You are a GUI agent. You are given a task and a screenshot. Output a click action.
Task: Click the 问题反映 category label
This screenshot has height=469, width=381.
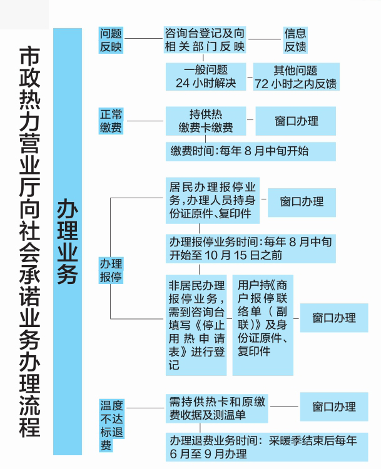pyautogui.click(x=111, y=40)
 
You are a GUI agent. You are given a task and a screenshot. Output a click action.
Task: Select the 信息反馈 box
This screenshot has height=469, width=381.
pyautogui.click(x=295, y=40)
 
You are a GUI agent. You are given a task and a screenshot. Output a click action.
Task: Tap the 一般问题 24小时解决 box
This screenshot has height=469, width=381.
pyautogui.click(x=206, y=76)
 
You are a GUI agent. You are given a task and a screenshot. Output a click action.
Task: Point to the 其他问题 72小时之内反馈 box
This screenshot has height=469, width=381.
pyautogui.click(x=296, y=76)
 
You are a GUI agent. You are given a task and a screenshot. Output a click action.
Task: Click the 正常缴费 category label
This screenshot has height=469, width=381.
pyautogui.click(x=111, y=121)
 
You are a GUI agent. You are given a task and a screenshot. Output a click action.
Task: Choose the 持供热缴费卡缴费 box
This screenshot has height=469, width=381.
pyautogui.click(x=206, y=121)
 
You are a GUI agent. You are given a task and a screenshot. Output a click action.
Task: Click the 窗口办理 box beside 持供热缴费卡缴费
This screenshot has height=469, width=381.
pyautogui.click(x=296, y=121)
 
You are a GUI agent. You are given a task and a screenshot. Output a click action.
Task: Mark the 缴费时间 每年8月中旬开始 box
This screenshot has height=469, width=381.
pyautogui.click(x=251, y=151)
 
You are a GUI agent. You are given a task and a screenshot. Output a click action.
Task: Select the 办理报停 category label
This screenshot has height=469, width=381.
pyautogui.click(x=111, y=270)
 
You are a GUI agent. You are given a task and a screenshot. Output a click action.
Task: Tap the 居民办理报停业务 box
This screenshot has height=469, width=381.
pyautogui.click(x=213, y=200)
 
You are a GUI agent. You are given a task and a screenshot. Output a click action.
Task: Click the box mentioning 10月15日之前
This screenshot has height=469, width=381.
pyautogui.click(x=251, y=248)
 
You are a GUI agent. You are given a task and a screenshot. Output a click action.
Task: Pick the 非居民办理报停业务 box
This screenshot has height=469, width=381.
pyautogui.click(x=196, y=325)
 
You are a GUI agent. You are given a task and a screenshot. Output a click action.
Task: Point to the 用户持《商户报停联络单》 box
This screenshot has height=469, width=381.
pyautogui.click(x=263, y=325)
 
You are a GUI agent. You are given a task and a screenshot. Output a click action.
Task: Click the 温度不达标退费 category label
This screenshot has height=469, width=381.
pyautogui.click(x=111, y=425)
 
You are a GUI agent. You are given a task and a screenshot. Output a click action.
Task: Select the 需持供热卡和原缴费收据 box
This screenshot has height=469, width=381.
pyautogui.click(x=216, y=408)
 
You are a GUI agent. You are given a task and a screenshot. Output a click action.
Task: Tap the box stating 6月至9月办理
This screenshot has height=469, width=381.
pyautogui.click(x=267, y=447)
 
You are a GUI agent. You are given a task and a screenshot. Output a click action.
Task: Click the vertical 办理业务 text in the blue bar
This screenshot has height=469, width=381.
pyautogui.click(x=68, y=241)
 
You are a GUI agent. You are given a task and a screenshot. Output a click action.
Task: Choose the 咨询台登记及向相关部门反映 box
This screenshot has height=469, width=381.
pyautogui.click(x=205, y=40)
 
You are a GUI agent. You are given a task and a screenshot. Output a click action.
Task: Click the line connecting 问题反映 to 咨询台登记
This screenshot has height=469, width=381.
pyautogui.click(x=144, y=39)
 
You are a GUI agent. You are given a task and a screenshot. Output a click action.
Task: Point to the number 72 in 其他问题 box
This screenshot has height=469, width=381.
pyautogui.click(x=262, y=84)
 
